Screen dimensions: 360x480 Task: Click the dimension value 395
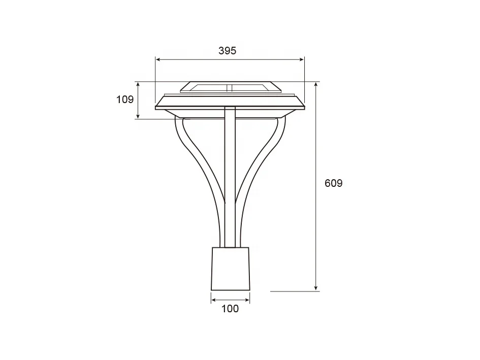click(x=227, y=50)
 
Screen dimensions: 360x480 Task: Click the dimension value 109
click(x=125, y=100)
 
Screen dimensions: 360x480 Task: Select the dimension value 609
click(x=333, y=183)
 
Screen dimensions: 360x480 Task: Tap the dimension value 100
click(x=230, y=309)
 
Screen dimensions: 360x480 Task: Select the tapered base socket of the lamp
click(x=230, y=269)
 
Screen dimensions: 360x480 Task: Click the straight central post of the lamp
click(x=230, y=178)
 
